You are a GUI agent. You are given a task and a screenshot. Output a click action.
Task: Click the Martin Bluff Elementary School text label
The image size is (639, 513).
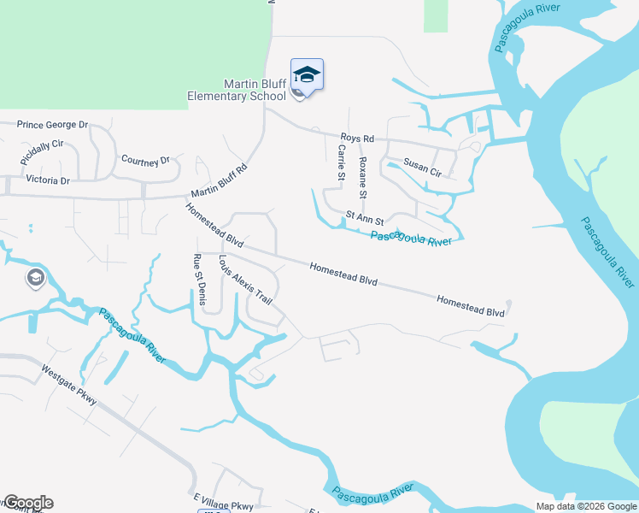click(237, 90)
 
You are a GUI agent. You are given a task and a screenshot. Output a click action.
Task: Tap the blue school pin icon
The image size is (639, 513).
click(307, 74)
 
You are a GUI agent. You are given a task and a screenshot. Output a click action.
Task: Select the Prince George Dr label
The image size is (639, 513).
click(53, 125)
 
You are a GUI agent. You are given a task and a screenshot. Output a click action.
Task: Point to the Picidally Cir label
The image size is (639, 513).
click(42, 153)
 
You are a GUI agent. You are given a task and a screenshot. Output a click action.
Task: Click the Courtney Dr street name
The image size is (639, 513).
click(145, 160)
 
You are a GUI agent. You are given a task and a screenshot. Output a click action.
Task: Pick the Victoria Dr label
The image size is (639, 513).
click(48, 180)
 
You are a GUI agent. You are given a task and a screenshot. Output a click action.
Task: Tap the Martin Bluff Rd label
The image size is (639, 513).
click(218, 180)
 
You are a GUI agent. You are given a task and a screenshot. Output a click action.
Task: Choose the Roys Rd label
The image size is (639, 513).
click(357, 138)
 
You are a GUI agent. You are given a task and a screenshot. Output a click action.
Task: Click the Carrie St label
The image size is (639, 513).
click(340, 162)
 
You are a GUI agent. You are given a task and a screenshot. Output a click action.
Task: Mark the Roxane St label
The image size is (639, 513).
click(363, 174)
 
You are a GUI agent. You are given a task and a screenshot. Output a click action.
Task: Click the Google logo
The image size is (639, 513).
click(27, 503)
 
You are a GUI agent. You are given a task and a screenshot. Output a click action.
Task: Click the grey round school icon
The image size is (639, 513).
click(35, 279)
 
